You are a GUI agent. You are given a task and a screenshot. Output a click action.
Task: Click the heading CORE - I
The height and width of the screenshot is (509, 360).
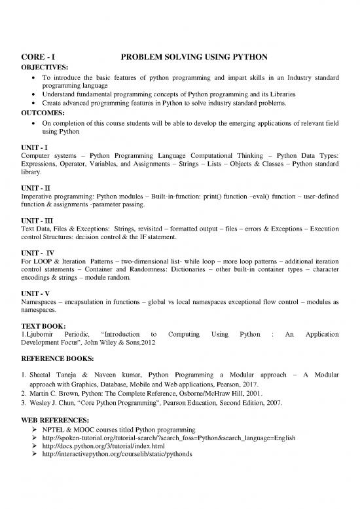pos(36,57)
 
